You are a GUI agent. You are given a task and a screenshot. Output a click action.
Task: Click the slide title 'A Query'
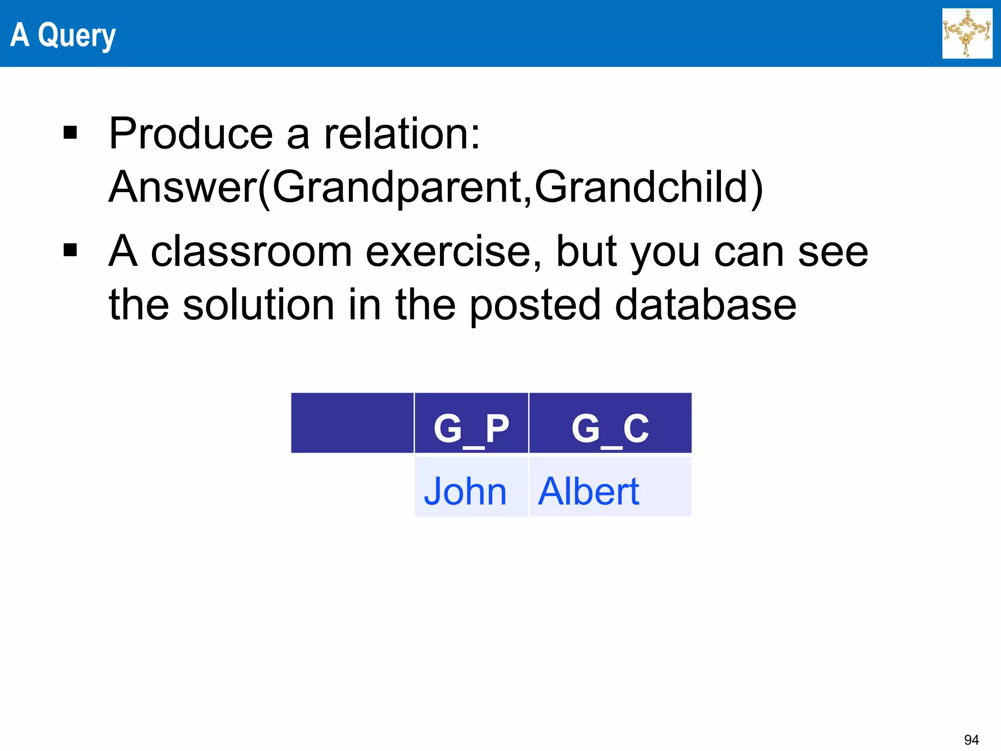(63, 35)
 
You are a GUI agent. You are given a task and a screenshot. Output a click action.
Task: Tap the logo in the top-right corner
(967, 33)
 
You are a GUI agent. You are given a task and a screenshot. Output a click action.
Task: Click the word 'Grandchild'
(641, 187)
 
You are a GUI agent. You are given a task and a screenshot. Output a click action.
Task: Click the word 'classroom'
(251, 251)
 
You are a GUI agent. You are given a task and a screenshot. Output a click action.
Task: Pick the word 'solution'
(258, 305)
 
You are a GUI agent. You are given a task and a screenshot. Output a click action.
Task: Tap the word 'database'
(705, 305)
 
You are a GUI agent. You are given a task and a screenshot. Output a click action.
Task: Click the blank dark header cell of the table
(352, 423)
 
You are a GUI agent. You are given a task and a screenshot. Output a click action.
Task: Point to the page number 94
(971, 739)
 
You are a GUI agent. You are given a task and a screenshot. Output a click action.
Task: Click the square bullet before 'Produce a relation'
(70, 133)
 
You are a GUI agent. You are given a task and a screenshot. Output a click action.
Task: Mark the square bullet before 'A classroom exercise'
(70, 250)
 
